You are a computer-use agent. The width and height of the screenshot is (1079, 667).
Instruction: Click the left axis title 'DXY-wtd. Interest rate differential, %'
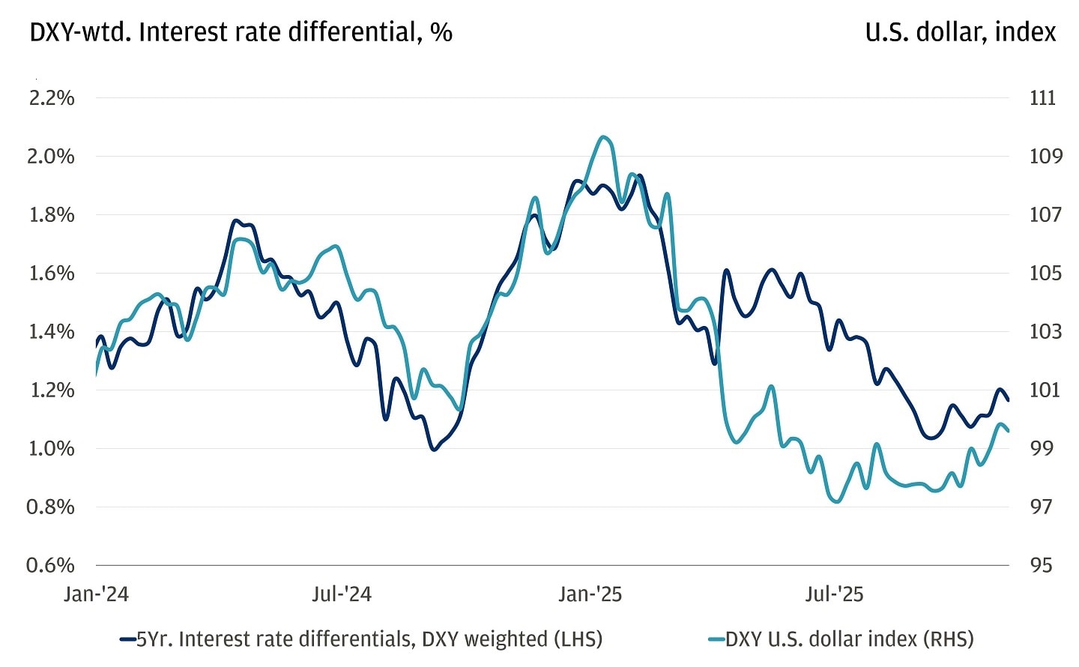[241, 32]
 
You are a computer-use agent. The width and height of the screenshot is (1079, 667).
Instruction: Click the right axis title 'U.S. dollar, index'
[960, 32]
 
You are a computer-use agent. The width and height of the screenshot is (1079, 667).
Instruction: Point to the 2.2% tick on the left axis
[52, 98]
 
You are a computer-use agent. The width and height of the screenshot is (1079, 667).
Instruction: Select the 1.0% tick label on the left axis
[52, 448]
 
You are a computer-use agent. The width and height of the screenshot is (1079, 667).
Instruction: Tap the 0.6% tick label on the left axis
[52, 565]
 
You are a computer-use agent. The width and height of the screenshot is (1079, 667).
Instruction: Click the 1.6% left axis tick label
[52, 274]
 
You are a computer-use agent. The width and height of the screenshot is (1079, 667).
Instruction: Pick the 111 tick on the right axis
[1042, 98]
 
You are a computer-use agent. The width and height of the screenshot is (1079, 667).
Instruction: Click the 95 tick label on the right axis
[1041, 565]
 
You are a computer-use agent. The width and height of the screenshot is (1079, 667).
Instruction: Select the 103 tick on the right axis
[1045, 331]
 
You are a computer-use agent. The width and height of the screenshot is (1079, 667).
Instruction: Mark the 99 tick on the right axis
[1042, 448]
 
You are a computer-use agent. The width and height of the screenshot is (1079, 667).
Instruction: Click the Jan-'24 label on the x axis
[96, 594]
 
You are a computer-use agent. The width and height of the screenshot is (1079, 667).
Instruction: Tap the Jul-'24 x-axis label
[342, 594]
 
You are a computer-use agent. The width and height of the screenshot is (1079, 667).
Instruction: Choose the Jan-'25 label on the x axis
[590, 594]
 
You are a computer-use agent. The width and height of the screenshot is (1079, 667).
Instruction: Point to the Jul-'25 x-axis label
[834, 594]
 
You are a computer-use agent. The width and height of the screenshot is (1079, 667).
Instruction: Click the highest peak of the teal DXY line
[604, 137]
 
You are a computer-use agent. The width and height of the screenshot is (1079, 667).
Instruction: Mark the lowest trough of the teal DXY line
[837, 501]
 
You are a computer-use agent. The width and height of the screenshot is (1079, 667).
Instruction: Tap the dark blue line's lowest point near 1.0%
[434, 450]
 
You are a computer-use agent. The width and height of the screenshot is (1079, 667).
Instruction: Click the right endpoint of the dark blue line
[1009, 400]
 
